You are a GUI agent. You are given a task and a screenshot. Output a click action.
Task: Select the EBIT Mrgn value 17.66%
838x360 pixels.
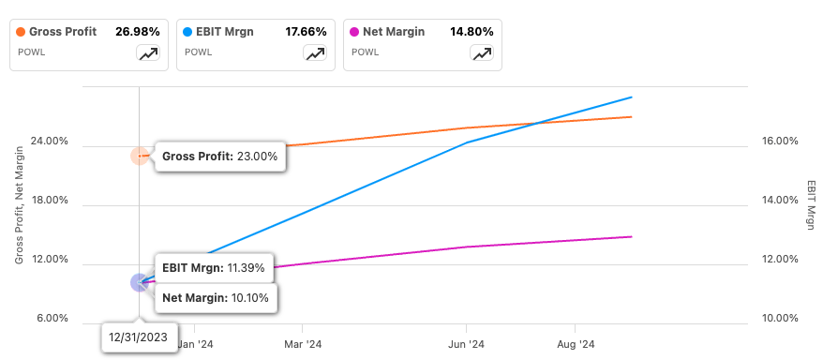click(x=307, y=31)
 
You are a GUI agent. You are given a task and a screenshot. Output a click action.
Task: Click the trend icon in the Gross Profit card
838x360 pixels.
click(x=147, y=53)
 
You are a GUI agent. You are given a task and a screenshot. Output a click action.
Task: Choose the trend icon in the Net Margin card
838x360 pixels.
click(x=482, y=53)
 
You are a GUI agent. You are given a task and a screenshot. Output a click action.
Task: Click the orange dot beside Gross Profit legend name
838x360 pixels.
click(x=22, y=31)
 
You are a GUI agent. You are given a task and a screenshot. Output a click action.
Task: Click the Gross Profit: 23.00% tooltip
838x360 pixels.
click(x=219, y=157)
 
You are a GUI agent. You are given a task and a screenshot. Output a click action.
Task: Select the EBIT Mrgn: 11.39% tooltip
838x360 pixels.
click(x=213, y=267)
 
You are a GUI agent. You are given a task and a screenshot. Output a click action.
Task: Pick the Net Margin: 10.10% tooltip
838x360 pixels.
click(x=215, y=298)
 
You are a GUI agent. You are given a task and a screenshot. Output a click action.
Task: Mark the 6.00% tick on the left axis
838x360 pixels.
click(x=51, y=319)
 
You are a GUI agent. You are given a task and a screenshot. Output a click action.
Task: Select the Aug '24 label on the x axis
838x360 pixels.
click(x=576, y=344)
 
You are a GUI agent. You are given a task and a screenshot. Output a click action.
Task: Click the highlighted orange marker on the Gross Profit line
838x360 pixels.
click(x=139, y=156)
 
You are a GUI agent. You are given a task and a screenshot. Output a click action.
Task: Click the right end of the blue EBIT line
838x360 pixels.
click(x=632, y=97)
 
